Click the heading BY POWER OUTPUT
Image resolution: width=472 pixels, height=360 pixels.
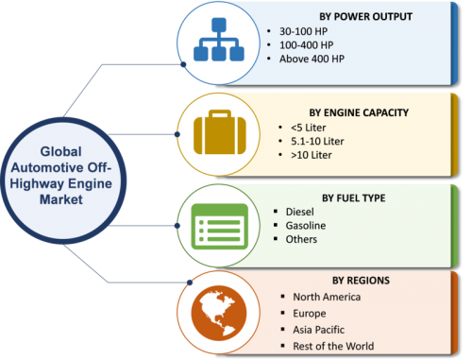[x=365, y=16]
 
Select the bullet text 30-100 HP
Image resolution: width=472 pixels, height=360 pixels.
[x=303, y=31]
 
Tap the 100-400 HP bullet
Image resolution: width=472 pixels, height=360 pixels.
[x=306, y=45]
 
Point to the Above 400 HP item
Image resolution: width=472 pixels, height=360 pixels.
[x=312, y=59]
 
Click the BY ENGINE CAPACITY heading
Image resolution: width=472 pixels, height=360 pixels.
[x=359, y=112]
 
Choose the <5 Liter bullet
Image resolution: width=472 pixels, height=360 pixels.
[x=308, y=128]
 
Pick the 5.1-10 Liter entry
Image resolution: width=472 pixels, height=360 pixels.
[x=317, y=142]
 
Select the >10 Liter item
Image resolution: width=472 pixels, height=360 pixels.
[x=311, y=155]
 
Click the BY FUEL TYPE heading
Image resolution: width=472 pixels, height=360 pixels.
[x=354, y=197]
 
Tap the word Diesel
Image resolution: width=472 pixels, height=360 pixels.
[x=299, y=212]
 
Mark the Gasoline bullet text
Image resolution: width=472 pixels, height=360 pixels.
[x=306, y=226]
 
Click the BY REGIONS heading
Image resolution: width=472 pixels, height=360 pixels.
[x=361, y=281]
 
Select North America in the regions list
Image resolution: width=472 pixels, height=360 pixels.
[x=327, y=297]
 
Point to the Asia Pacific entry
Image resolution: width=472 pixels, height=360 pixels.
[x=318, y=330]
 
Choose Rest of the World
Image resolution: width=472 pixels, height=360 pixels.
[x=333, y=346]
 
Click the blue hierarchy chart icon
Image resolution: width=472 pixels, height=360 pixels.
[x=219, y=40]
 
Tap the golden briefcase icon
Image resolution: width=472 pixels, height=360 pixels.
[x=220, y=132]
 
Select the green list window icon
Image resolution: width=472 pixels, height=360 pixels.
[x=220, y=226]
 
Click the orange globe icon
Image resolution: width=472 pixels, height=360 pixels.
[x=219, y=313]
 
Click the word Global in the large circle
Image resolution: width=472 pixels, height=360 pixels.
[x=60, y=151]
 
